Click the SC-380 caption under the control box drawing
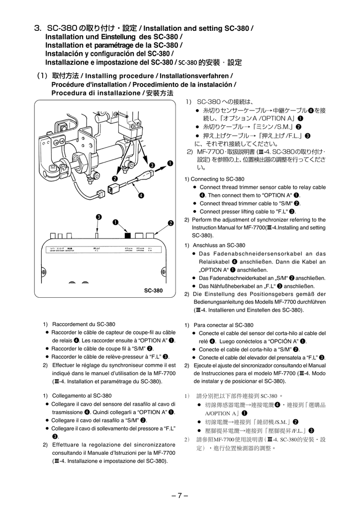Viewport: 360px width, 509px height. [153, 291]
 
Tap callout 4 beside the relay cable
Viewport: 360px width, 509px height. [141, 195]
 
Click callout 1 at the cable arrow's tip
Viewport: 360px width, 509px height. [170, 163]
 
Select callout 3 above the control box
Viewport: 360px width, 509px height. [98, 217]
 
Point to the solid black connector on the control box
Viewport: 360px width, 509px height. [128, 235]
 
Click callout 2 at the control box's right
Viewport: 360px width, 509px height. [171, 223]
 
